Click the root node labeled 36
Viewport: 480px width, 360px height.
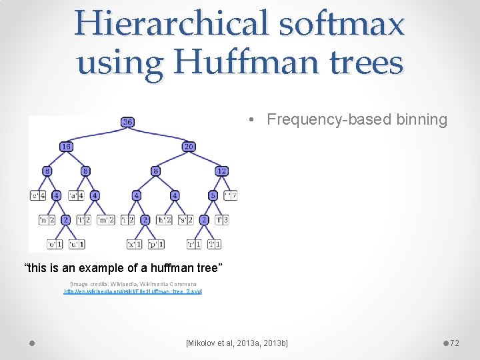127,122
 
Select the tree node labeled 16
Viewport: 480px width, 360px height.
66,147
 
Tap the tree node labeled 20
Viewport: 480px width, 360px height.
189,147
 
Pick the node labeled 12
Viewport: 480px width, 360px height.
221,171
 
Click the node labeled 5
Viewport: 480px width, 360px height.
213,196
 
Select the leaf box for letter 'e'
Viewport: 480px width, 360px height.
38,196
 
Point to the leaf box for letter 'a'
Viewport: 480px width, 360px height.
77,196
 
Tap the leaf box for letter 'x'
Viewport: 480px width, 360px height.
134,244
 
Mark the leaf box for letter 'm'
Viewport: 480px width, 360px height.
107,220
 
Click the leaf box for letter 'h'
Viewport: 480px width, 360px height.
164,220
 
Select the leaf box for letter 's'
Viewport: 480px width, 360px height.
186,220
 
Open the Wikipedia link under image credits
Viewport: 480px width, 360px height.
133,292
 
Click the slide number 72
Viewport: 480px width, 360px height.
455,343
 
